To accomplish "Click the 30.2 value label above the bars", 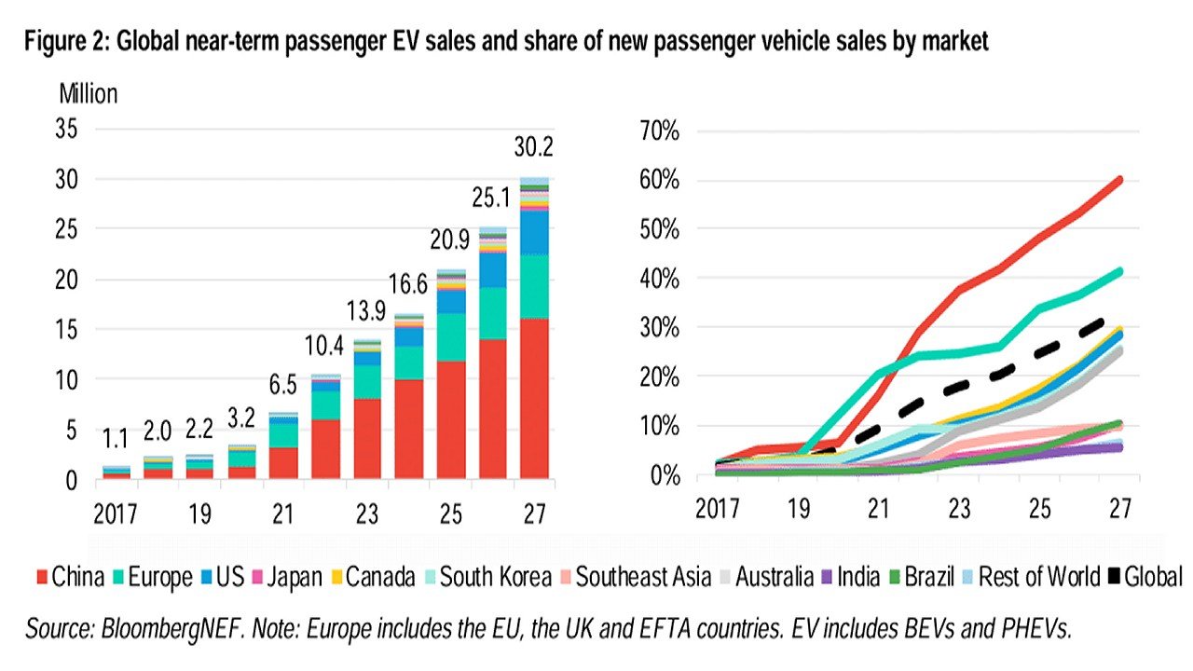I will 534,147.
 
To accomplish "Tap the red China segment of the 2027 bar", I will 534,399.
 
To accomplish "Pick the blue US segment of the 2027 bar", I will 534,232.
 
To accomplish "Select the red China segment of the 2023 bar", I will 366,439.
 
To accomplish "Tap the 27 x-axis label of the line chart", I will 1119,508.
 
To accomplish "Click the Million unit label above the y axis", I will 89,94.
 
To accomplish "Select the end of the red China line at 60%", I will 1118,180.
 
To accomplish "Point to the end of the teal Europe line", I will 1118,271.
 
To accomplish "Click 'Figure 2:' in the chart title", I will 63,42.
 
